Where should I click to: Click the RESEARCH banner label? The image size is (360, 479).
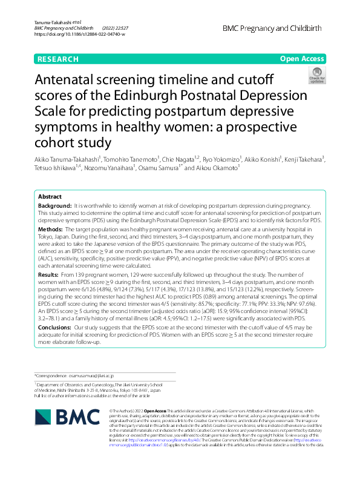[x=57, y=59]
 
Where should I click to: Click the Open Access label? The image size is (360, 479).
[x=303, y=59]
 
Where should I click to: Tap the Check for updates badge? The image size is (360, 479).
[x=316, y=76]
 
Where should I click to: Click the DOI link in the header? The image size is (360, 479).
[x=80, y=35]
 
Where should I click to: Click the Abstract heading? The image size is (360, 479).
[x=50, y=197]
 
